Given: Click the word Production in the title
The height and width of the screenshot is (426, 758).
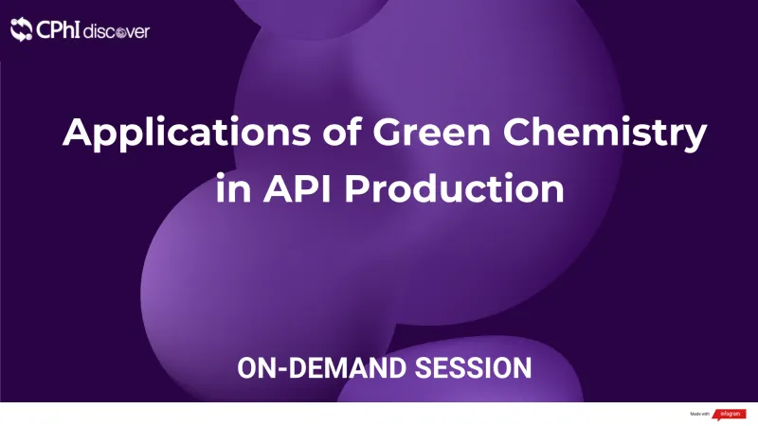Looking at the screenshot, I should click(455, 187).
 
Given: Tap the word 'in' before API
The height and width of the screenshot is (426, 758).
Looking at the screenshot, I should click(228, 187).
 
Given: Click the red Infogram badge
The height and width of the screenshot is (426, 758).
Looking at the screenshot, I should click(731, 414).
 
